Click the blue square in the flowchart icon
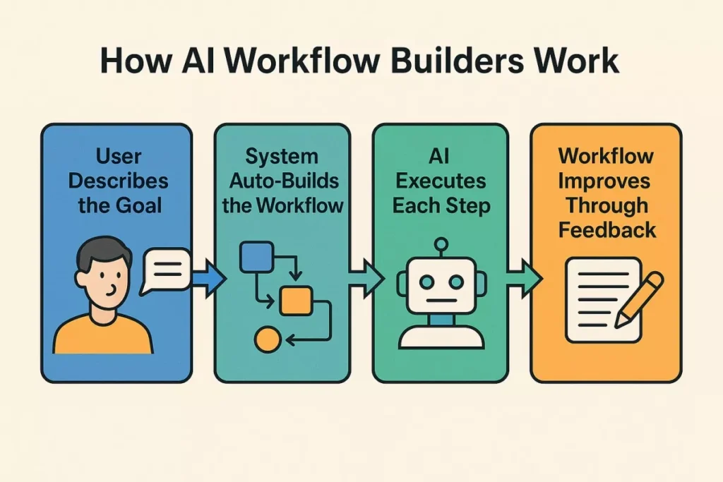251,257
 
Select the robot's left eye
426,281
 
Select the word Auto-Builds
282,181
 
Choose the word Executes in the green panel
441,181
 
